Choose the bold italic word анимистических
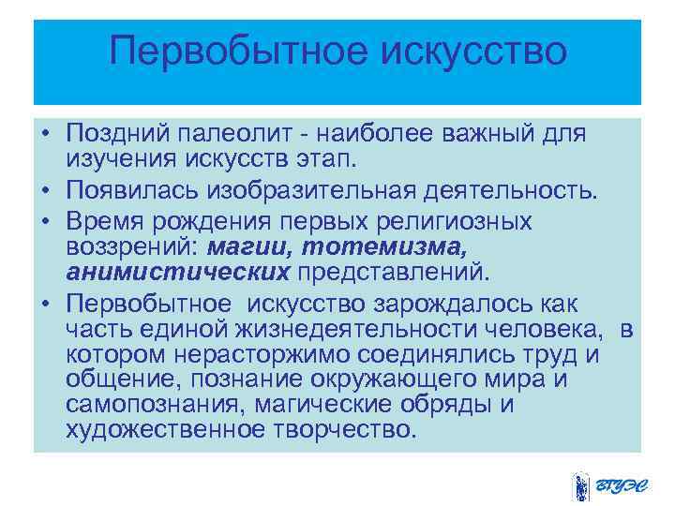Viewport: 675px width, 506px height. (178, 272)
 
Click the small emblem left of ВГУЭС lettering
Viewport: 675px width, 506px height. (579, 485)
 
